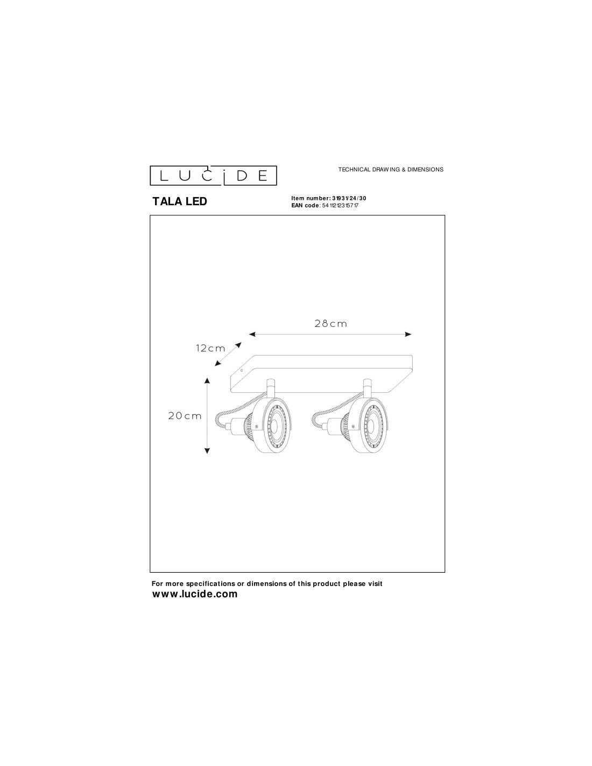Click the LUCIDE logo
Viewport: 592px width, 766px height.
pos(213,175)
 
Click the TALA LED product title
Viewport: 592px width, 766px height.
pos(180,201)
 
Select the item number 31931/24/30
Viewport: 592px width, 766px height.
pos(349,198)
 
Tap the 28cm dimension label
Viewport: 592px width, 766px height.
pos(330,324)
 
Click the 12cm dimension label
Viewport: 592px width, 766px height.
pos(210,349)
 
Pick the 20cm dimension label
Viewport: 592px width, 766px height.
pos(185,416)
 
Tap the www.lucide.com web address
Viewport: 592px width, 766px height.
pos(195,594)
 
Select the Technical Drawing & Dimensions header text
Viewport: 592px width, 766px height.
pos(391,170)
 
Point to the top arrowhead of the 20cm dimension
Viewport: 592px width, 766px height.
pos(207,380)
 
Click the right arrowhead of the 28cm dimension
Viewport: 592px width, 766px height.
pos(408,334)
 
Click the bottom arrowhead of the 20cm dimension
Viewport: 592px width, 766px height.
pos(207,451)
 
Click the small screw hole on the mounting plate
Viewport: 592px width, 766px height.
pos(241,371)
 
